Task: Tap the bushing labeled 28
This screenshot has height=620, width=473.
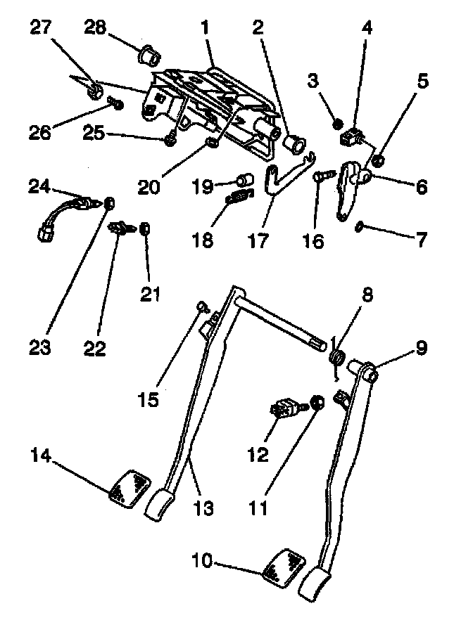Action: [x=149, y=53]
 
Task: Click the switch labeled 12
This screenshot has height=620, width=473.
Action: [x=285, y=407]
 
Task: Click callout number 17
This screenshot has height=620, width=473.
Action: [x=258, y=242]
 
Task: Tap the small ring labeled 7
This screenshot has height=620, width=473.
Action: [x=358, y=226]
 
